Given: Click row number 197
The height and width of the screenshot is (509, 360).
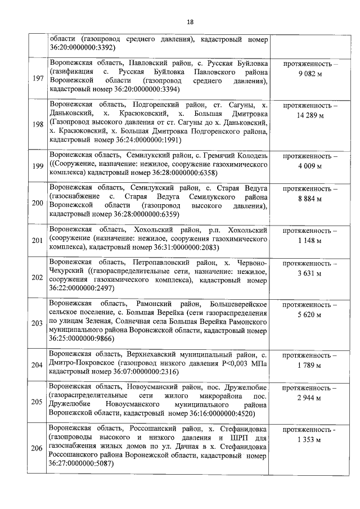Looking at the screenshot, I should [x=38, y=78].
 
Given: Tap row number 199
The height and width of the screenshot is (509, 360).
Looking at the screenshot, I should [x=38, y=166].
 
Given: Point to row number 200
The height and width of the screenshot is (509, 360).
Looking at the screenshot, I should [x=38, y=202].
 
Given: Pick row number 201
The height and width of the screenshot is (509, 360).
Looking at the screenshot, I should [x=38, y=241].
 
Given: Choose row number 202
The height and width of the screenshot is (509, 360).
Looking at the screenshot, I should [x=38, y=277].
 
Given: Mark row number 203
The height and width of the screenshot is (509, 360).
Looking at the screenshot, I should [x=38, y=323].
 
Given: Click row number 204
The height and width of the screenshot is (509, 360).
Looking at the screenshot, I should [x=38, y=365].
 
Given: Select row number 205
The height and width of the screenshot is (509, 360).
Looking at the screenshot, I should [x=38, y=402].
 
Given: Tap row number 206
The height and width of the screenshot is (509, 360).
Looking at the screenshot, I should [x=38, y=448].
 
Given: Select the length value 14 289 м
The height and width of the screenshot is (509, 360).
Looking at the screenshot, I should [x=310, y=116].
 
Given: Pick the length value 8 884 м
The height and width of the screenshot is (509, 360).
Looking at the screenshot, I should [x=310, y=198].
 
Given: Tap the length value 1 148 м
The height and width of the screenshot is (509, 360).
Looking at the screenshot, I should [x=310, y=241].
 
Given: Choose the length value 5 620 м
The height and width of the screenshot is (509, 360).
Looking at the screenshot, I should [x=310, y=314].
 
